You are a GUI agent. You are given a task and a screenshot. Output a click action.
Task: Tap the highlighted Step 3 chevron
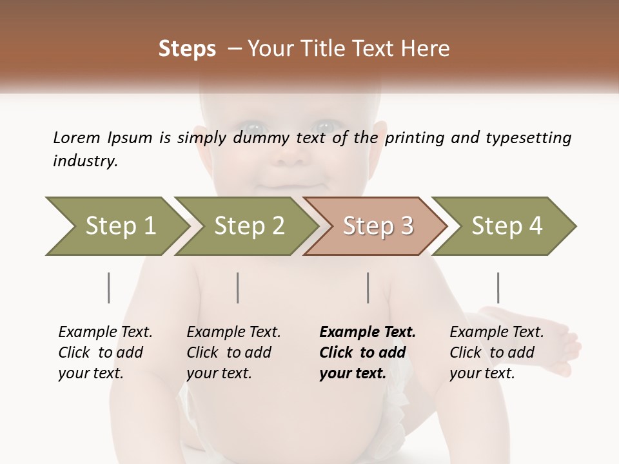(378, 226)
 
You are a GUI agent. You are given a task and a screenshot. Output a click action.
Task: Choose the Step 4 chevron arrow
(507, 226)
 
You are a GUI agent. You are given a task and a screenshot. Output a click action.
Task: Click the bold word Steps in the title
(187, 49)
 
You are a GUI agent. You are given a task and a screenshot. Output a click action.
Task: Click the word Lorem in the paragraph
(76, 137)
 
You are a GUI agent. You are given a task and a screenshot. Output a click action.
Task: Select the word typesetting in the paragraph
(528, 138)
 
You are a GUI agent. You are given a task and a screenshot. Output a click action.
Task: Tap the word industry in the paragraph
(85, 160)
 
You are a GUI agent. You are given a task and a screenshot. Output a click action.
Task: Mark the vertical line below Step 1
(109, 287)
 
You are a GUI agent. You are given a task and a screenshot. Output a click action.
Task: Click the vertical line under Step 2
(238, 287)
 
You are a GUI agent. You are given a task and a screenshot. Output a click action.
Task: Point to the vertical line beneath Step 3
(368, 287)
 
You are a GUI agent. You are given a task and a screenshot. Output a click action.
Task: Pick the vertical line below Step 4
(498, 287)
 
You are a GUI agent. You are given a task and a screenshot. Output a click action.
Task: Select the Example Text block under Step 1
(105, 352)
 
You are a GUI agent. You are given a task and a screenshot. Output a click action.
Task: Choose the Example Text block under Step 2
(233, 352)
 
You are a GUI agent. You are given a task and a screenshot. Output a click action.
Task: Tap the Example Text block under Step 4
(496, 352)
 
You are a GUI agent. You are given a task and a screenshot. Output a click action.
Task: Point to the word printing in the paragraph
(413, 138)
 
